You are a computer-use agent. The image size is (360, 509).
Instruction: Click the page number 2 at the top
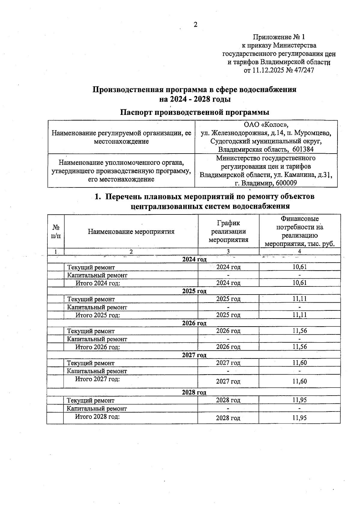195,25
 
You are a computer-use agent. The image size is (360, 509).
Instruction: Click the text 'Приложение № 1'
279,37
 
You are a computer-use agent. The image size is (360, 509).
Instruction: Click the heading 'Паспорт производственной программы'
194,112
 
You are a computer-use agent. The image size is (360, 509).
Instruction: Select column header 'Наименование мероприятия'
131,232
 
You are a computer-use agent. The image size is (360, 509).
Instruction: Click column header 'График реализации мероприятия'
228,231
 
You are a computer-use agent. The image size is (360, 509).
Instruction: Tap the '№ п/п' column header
56,232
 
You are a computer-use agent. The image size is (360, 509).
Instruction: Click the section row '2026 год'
194,323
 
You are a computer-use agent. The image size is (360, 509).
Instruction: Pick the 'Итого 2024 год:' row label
98,283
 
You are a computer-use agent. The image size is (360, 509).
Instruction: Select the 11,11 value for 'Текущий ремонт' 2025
299,299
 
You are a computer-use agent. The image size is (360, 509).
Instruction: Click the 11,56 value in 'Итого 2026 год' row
299,347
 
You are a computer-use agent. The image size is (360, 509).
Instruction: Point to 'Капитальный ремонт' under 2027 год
97,371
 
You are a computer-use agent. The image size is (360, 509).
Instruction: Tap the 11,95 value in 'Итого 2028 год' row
299,418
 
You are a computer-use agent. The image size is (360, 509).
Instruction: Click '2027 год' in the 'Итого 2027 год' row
228,382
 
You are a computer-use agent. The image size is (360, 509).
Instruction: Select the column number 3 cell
228,252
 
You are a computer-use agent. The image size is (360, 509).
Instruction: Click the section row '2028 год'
194,392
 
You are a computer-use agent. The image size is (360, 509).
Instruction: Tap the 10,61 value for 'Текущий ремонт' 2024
299,267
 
